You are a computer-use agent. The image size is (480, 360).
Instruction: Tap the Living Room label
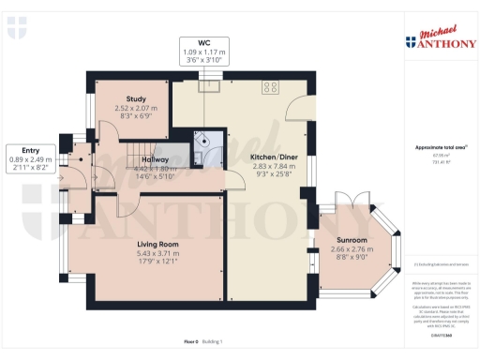(x=157, y=244)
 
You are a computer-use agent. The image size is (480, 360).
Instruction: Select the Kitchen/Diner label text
(x=273, y=157)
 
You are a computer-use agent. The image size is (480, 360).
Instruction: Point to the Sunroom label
(x=354, y=240)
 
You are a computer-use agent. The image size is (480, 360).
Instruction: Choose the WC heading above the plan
(x=206, y=42)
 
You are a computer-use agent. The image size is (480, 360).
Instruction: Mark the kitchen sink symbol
(x=213, y=87)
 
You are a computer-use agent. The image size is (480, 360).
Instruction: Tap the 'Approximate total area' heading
(x=433, y=148)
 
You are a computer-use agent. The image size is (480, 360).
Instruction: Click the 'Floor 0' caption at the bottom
(x=192, y=342)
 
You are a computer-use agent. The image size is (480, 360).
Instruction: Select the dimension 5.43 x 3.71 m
(x=157, y=254)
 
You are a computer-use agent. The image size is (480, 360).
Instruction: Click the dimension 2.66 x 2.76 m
(x=354, y=249)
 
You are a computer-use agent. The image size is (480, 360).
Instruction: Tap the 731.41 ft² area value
(x=432, y=162)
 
